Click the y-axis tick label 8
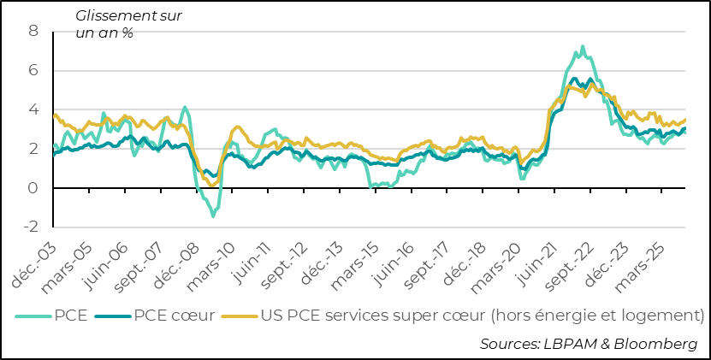click(x=34, y=32)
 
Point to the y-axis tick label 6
click(x=34, y=71)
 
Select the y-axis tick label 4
click(x=34, y=110)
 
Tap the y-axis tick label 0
click(x=34, y=188)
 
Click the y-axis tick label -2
click(x=32, y=227)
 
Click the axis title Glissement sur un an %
click(x=128, y=24)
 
